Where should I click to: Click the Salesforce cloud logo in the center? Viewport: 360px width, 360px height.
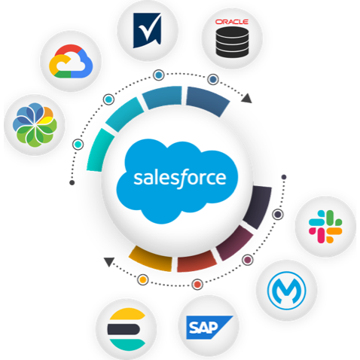177,181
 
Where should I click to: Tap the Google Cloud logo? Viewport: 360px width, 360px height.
71,61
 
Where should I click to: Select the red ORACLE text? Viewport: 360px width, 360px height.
232,22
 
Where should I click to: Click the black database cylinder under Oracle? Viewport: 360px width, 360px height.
232,41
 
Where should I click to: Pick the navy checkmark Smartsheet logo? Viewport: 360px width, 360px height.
147,30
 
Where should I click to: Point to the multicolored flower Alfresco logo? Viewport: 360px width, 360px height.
35,124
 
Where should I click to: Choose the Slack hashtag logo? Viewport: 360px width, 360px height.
325,227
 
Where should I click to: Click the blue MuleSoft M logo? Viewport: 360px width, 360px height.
287,291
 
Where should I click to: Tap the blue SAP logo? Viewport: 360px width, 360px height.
209,328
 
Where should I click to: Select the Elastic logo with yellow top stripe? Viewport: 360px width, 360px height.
127,329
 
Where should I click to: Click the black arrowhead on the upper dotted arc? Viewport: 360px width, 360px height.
246,98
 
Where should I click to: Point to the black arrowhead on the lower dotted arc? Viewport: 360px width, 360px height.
109,261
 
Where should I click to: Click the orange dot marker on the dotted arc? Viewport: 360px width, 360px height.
143,279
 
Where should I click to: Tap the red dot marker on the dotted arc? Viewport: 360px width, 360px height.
197,285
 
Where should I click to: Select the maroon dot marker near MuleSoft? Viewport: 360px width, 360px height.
248,260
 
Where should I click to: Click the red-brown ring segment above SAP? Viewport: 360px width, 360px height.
197,262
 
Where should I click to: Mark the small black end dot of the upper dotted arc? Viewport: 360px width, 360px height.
72,182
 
